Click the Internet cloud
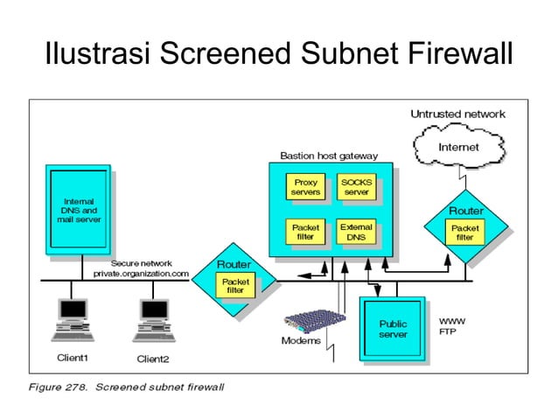458,148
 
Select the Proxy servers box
304,186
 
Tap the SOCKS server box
356,186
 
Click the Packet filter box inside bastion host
304,232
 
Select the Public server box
393,329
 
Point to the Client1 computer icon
72,319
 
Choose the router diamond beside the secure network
234,282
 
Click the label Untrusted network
457,114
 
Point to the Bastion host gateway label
329,156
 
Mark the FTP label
446,332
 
